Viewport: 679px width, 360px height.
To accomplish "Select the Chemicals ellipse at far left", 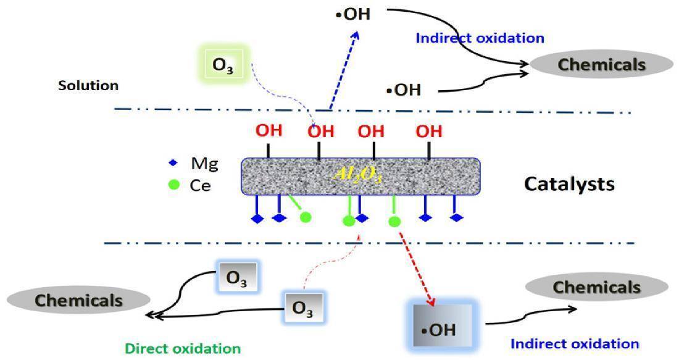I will pyautogui.click(x=78, y=300).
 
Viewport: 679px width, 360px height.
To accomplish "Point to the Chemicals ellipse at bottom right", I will pyautogui.click(x=596, y=287).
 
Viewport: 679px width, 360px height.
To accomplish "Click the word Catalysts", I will pyautogui.click(x=569, y=183).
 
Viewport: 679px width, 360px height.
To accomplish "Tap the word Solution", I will pyautogui.click(x=88, y=85).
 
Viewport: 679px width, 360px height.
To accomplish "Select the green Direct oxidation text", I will pyautogui.click(x=183, y=348).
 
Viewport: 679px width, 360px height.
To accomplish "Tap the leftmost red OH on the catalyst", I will pyautogui.click(x=269, y=130).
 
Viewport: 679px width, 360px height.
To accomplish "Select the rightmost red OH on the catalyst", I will pyautogui.click(x=428, y=130).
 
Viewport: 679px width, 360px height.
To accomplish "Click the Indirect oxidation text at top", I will pyautogui.click(x=480, y=38).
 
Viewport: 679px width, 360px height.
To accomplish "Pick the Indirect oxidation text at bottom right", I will pyautogui.click(x=575, y=343).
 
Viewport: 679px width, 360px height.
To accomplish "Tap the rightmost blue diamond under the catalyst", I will pyautogui.click(x=456, y=217).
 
